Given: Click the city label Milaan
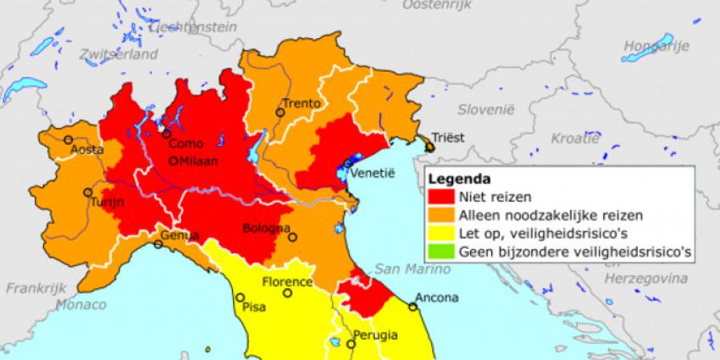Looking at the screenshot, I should (199, 161).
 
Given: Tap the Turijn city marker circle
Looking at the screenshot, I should (87, 192).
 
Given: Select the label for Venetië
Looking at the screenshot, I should (374, 172).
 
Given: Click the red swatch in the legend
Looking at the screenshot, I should (441, 197).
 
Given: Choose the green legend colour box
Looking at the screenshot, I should (441, 251).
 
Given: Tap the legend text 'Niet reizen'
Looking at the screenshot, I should (490, 197).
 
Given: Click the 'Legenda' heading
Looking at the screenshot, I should (457, 179).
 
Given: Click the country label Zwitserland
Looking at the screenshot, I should (119, 53).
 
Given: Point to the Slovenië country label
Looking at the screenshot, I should (486, 109).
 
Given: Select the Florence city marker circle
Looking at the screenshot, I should (288, 293).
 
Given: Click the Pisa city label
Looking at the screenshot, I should (254, 307).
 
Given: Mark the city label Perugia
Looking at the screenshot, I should (374, 335).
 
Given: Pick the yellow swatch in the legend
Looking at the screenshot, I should (441, 233).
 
